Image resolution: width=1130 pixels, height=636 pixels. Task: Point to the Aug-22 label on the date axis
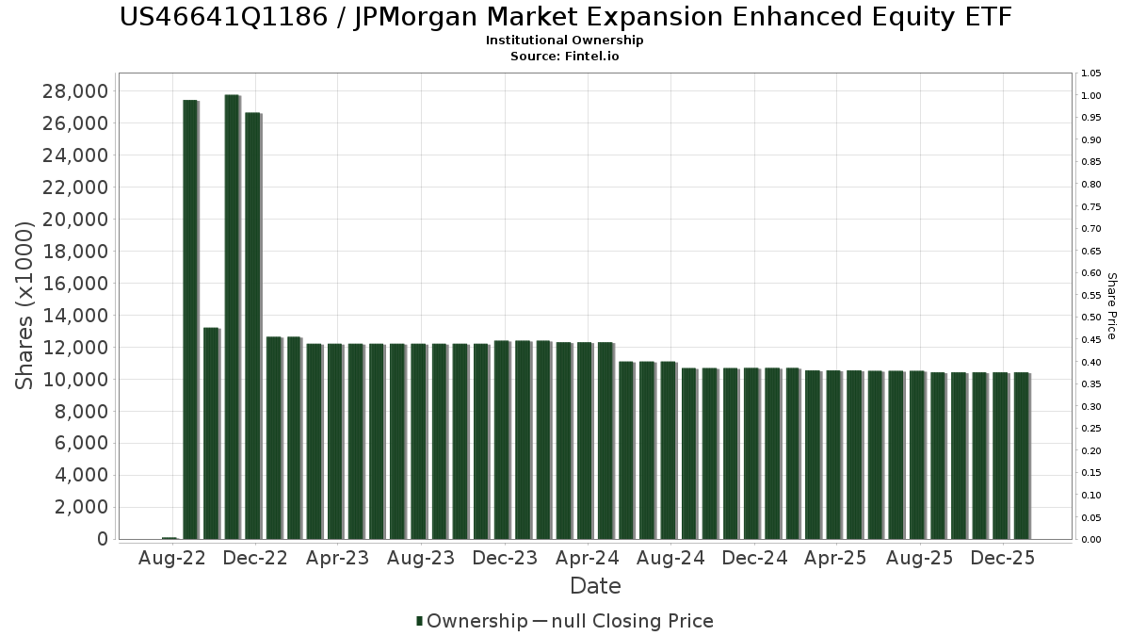pyautogui.click(x=171, y=558)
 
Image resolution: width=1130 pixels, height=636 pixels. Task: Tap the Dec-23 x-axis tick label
pyautogui.click(x=506, y=558)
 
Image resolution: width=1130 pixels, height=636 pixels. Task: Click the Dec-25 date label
pyautogui.click(x=1003, y=558)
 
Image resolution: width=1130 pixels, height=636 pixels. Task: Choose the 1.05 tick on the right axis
pyautogui.click(x=1091, y=73)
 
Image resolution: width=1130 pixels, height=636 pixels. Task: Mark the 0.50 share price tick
pyautogui.click(x=1091, y=318)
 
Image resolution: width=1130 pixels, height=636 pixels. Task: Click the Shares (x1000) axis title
pyautogui.click(x=25, y=304)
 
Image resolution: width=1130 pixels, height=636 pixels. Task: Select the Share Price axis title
pyautogui.click(x=1112, y=306)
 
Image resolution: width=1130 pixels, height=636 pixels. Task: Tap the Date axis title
pyautogui.click(x=595, y=586)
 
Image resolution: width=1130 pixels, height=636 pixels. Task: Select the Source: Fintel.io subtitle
pyautogui.click(x=565, y=56)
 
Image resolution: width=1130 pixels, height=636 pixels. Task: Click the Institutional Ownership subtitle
pyautogui.click(x=565, y=41)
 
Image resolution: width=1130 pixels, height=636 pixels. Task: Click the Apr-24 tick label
pyautogui.click(x=589, y=558)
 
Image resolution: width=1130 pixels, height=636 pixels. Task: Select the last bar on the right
pyautogui.click(x=1021, y=456)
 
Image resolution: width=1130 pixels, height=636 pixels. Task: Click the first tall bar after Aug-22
pyautogui.click(x=190, y=319)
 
